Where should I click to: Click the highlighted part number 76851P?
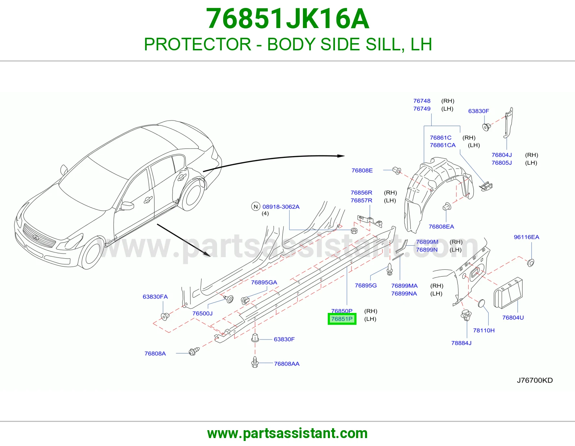pos(342,319)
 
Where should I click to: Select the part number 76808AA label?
pos(286,364)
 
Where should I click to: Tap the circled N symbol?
pos(256,206)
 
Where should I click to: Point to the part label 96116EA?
pos(526,237)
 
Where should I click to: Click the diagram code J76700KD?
pos(535,380)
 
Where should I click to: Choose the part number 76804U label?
pos(513,318)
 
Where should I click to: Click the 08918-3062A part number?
pos(281,206)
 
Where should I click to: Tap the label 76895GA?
pos(264,282)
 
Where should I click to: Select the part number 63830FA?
pos(155,297)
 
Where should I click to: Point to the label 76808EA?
pos(441,227)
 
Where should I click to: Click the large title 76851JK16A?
pos(287,19)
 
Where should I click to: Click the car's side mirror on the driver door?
pos(127,205)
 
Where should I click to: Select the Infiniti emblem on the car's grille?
pos(36,237)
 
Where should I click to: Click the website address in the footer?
pos(287,433)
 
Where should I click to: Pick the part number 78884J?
pos(461,343)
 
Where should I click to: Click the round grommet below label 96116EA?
pos(530,263)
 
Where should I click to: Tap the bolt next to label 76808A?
pos(194,351)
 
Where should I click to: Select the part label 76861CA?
pos(442,145)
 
